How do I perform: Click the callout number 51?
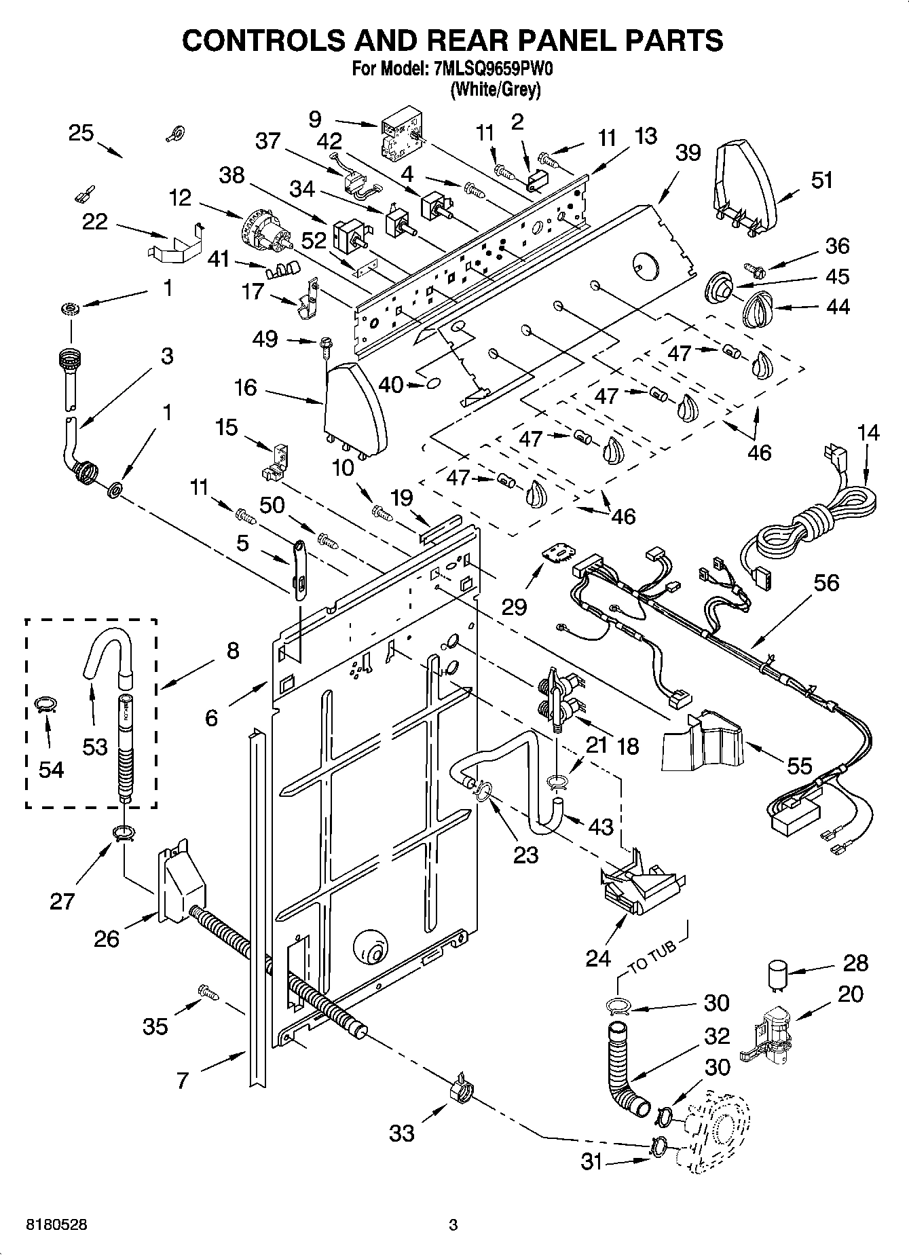pos(821,181)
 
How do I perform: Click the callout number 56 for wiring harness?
pos(825,583)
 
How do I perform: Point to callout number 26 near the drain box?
pos(107,939)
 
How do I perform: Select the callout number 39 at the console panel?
pos(687,153)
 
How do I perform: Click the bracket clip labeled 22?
pos(175,243)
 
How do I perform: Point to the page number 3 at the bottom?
pos(453,1225)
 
